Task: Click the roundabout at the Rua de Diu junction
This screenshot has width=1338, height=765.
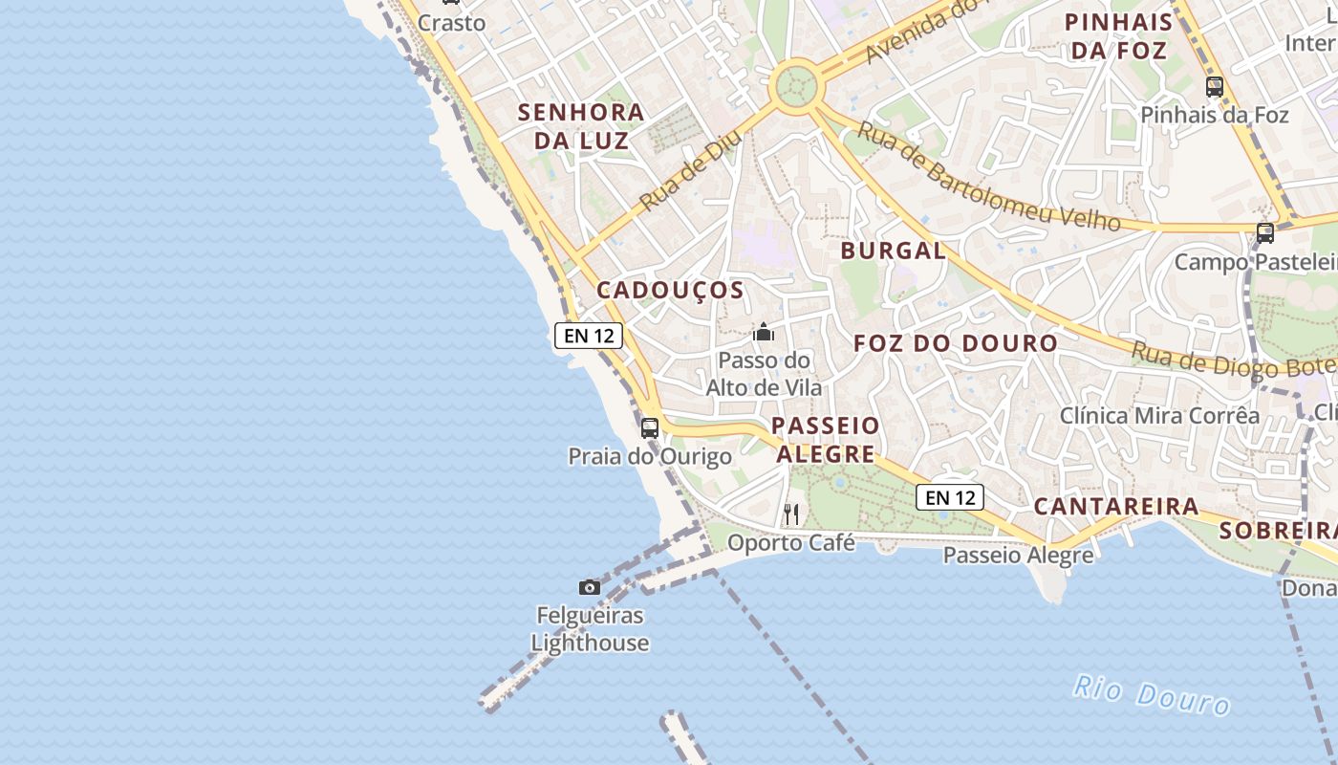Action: pyautogui.click(x=796, y=87)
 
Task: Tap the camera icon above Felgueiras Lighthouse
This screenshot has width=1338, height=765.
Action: pyautogui.click(x=590, y=587)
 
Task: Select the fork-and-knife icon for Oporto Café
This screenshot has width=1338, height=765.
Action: pyautogui.click(x=791, y=514)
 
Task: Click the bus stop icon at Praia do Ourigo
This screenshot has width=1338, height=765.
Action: pyautogui.click(x=650, y=427)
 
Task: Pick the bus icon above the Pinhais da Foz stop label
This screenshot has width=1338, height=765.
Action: pyautogui.click(x=1215, y=87)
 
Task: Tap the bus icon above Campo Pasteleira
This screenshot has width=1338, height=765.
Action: pyautogui.click(x=1265, y=232)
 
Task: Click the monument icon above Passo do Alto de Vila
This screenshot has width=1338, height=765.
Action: pyautogui.click(x=764, y=333)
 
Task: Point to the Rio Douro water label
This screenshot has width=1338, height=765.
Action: pyautogui.click(x=1151, y=694)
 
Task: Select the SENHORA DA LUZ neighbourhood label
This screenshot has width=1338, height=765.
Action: pyautogui.click(x=581, y=126)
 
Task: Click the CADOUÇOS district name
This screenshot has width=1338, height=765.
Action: pyautogui.click(x=670, y=291)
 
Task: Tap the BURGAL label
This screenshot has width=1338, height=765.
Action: pyautogui.click(x=893, y=251)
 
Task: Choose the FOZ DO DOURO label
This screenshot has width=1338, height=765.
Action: pyautogui.click(x=956, y=343)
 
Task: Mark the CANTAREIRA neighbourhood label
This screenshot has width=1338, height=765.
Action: pyautogui.click(x=1116, y=507)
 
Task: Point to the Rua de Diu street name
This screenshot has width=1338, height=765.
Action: pyautogui.click(x=684, y=173)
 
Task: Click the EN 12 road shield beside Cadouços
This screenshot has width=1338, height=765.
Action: pyautogui.click(x=589, y=336)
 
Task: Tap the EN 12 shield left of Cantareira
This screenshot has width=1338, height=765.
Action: pyautogui.click(x=950, y=497)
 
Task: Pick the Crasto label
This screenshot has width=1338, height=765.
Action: pyautogui.click(x=451, y=23)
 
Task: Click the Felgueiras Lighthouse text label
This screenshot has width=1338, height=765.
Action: pyautogui.click(x=590, y=629)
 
